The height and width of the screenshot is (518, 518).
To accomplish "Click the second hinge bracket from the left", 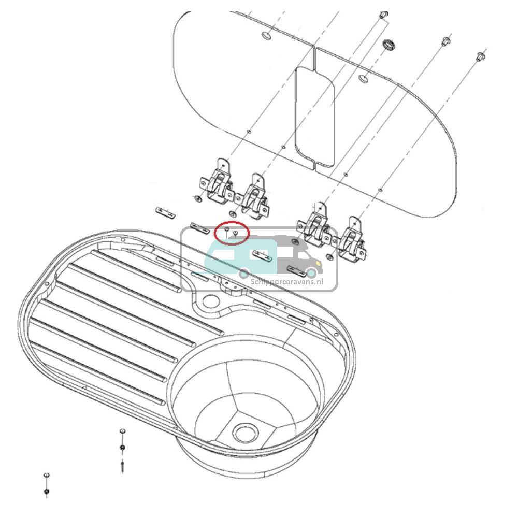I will point(254,197).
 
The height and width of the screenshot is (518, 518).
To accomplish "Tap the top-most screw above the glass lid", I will point(383,15).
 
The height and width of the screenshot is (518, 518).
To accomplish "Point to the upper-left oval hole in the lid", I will point(266,36).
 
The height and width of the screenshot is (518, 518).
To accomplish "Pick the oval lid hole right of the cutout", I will point(364,79).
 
